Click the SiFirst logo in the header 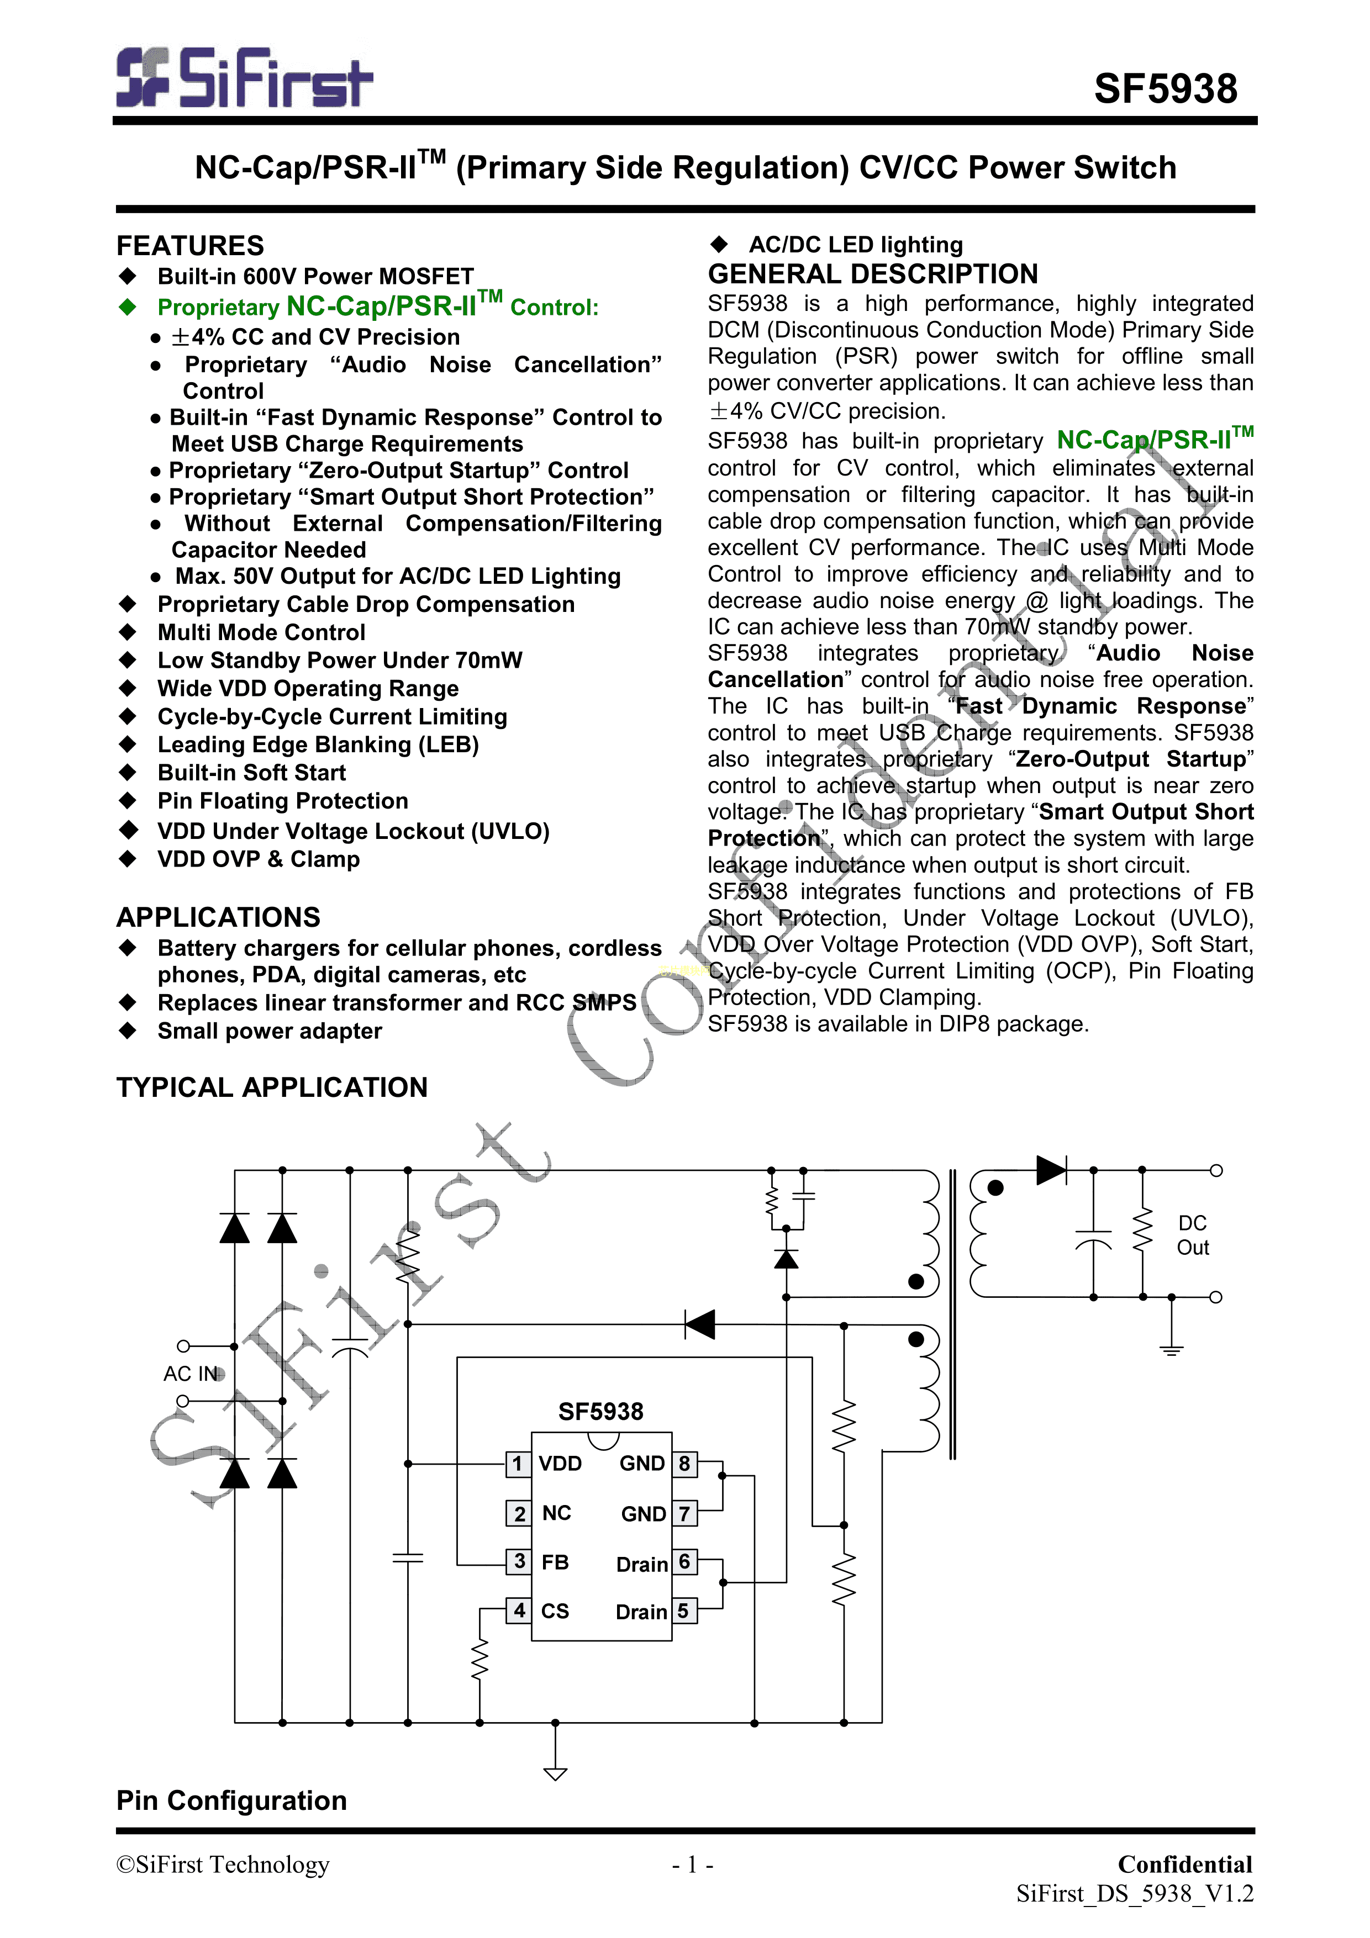244,78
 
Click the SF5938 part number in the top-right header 1165,88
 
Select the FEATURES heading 190,246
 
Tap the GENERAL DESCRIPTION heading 873,274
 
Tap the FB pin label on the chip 555,1562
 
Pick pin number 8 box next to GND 684,1464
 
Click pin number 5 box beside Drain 684,1610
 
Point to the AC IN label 191,1374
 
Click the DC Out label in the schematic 1193,1235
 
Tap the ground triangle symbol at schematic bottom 555,1773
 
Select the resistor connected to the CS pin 479,1660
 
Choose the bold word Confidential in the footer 1184,1865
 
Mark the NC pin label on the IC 556,1513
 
